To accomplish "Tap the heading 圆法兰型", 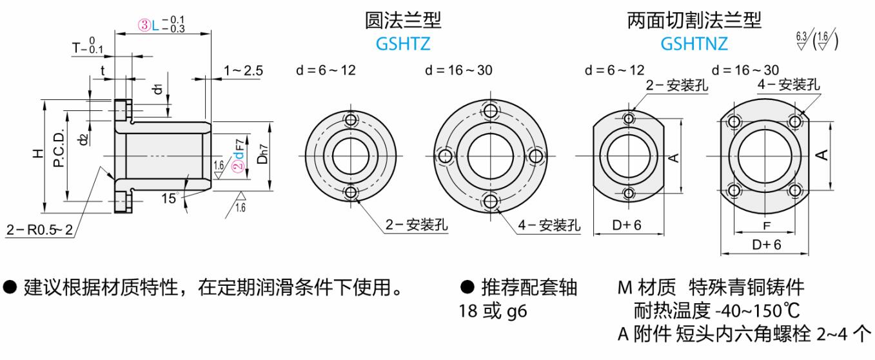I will (403, 21).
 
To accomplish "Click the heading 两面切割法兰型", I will (694, 21).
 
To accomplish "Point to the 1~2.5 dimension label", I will (243, 70).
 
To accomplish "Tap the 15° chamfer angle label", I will (169, 198).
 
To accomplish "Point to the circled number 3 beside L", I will (144, 26).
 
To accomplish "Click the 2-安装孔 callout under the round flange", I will (417, 225).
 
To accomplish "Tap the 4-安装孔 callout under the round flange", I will (549, 225).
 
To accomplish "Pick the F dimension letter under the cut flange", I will (766, 226).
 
